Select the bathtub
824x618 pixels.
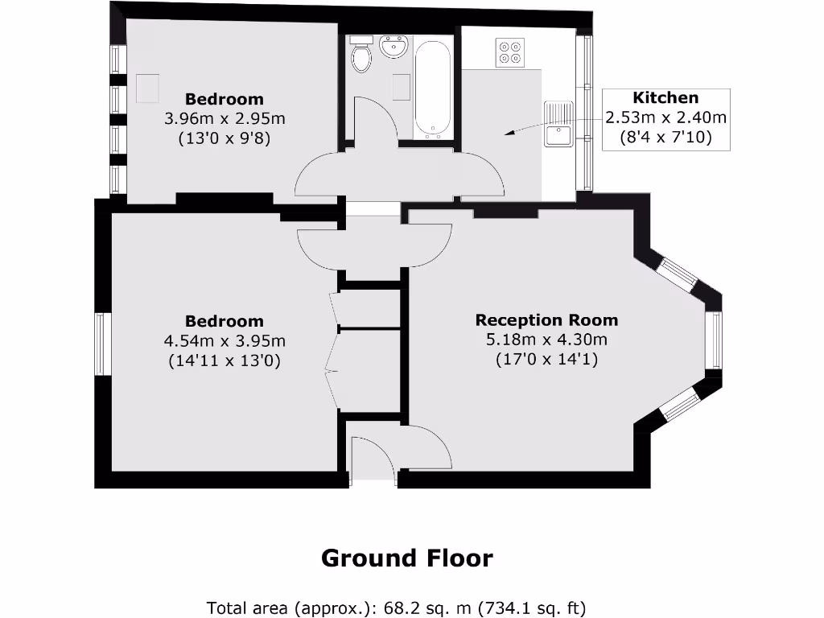tap(433, 89)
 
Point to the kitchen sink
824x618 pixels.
tap(558, 125)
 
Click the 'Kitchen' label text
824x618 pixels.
tap(665, 98)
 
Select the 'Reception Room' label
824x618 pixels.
tap(546, 319)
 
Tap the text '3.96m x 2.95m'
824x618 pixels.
tap(225, 119)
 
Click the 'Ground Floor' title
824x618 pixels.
tap(406, 558)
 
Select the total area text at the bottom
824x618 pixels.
tap(396, 607)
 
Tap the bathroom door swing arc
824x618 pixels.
tap(374, 121)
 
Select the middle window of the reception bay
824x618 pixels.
tap(714, 340)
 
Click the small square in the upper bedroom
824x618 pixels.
tap(147, 89)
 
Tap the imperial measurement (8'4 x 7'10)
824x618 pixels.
tap(665, 138)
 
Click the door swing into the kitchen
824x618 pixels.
tap(483, 175)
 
